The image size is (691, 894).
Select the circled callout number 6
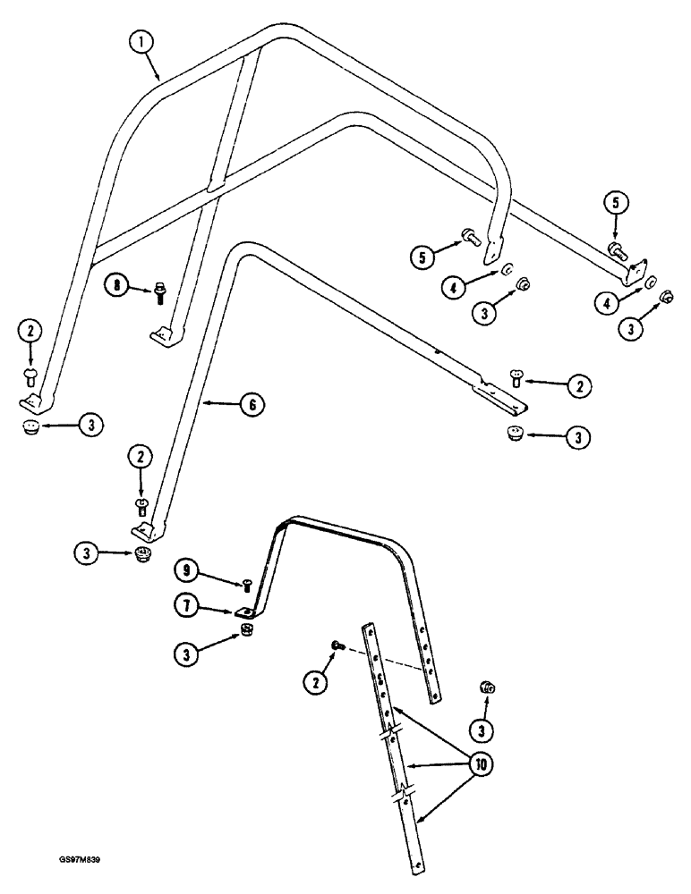[x=252, y=405]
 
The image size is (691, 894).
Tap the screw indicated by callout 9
[x=247, y=586]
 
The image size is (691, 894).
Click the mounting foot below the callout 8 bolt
[x=161, y=333]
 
